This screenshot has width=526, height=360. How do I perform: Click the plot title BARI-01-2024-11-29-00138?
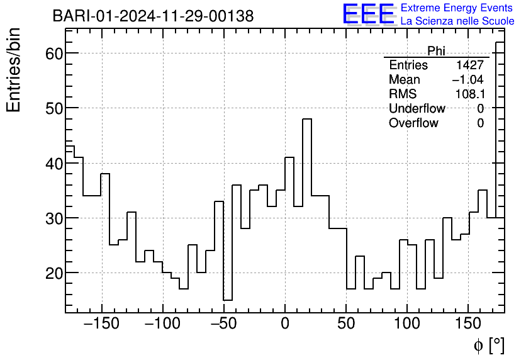[153, 16]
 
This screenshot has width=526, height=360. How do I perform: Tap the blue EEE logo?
[368, 14]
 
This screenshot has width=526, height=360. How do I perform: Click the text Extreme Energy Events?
[457, 8]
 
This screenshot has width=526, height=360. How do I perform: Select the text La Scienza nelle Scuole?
[457, 21]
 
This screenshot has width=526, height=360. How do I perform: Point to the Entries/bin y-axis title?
[14, 70]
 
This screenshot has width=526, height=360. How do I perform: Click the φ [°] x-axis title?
[488, 345]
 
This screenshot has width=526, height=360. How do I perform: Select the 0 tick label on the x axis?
[285, 324]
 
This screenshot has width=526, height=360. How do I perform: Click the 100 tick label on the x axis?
[407, 324]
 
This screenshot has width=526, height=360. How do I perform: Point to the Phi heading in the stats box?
[436, 51]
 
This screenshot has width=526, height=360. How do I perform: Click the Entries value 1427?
[470, 65]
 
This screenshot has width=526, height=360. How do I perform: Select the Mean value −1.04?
[467, 80]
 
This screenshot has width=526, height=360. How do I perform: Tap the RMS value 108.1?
[469, 94]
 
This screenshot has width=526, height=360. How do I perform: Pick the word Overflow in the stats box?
[413, 123]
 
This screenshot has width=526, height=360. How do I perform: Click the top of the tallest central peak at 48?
[307, 119]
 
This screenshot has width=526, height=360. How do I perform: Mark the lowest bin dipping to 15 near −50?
[228, 300]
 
